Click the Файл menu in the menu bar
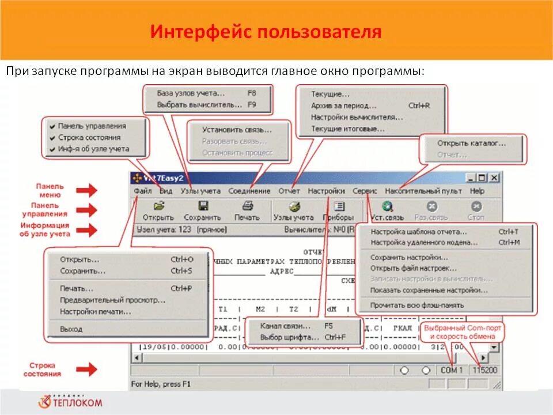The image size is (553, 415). (x=142, y=191)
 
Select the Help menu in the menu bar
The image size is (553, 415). (x=477, y=191)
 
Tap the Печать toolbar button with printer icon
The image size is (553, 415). (x=247, y=211)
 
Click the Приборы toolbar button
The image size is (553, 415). (x=339, y=211)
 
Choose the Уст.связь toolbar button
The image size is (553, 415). (x=387, y=211)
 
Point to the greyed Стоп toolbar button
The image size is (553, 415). (x=475, y=211)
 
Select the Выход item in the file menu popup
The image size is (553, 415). (x=71, y=329)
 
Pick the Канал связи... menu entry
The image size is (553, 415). (x=286, y=326)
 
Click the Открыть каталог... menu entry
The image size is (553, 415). (x=471, y=143)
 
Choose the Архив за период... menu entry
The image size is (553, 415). (x=344, y=105)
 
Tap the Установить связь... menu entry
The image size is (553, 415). (x=237, y=130)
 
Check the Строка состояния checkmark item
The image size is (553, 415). (x=89, y=137)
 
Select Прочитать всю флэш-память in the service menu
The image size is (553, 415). (x=417, y=305)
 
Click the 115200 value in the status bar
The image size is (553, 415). (x=485, y=370)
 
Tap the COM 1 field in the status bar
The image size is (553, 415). (x=452, y=370)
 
